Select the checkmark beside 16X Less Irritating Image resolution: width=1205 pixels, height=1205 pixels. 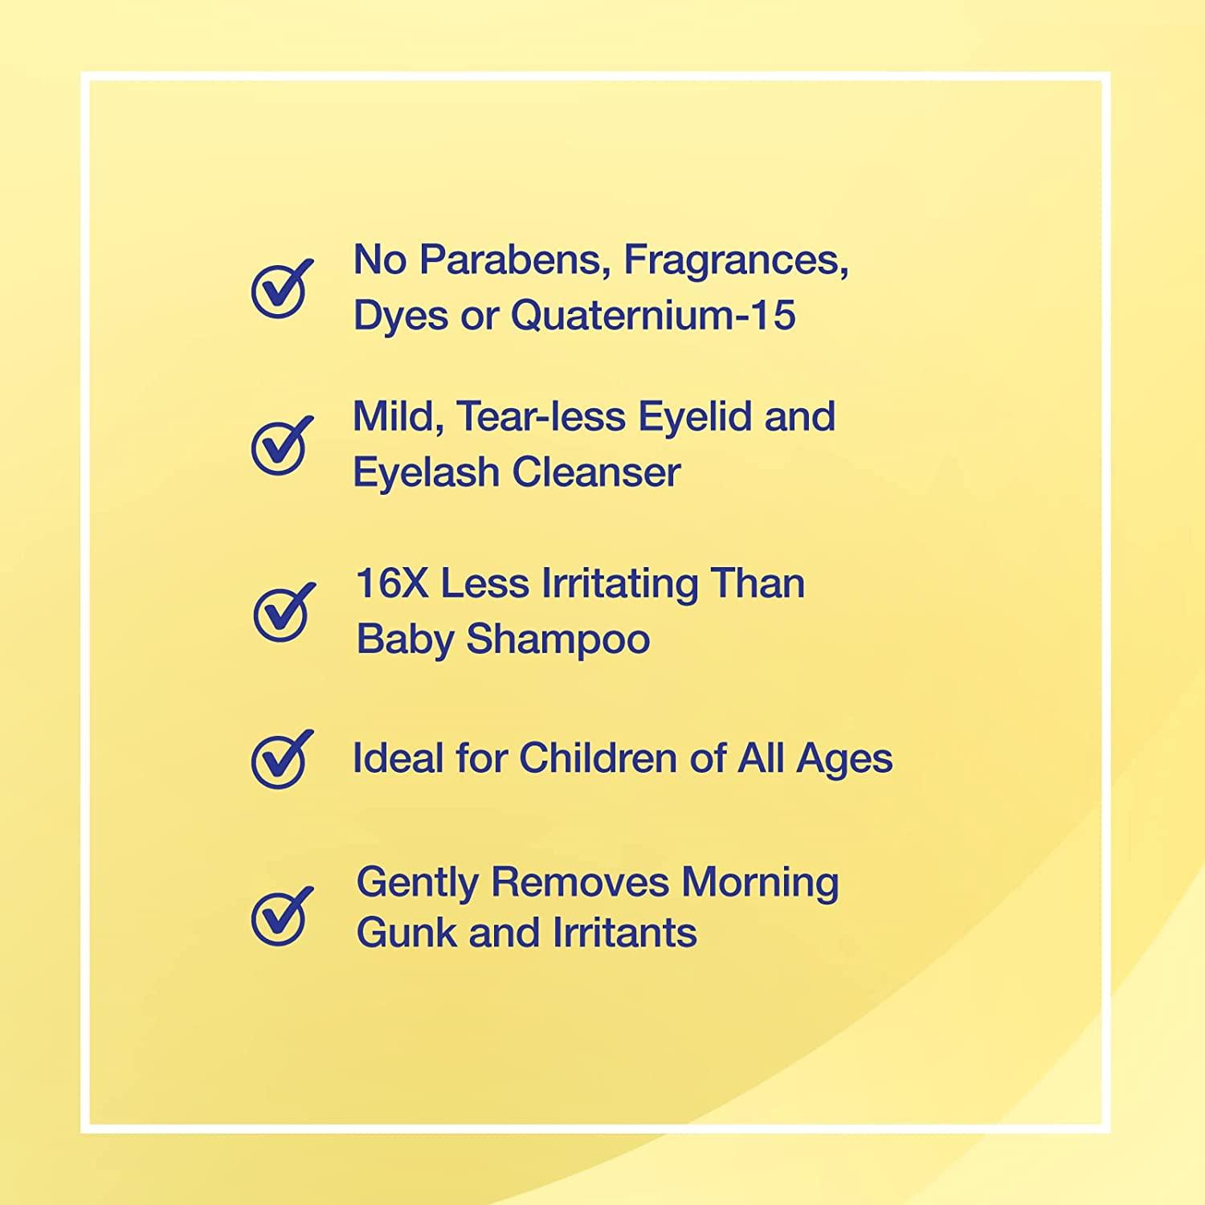282,612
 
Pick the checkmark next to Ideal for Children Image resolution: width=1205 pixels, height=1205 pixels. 280,758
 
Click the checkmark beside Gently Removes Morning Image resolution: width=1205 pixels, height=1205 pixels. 280,915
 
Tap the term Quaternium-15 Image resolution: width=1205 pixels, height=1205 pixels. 653,314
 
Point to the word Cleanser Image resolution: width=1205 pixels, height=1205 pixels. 597,472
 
